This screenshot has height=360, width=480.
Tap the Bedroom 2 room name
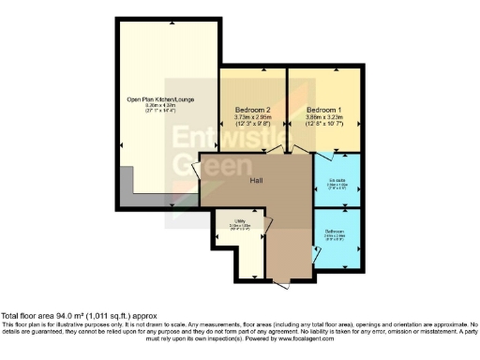(x=253, y=109)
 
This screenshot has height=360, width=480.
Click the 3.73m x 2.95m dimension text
(x=253, y=117)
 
